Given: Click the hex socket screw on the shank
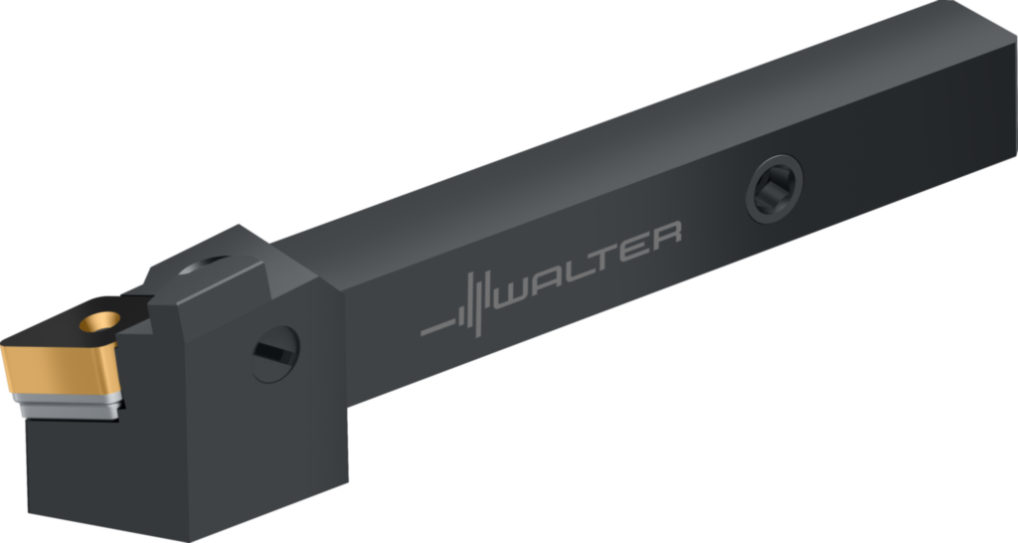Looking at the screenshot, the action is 774,188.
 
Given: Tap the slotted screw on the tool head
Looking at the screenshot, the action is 275,354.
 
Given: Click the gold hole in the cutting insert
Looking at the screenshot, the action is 100,321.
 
